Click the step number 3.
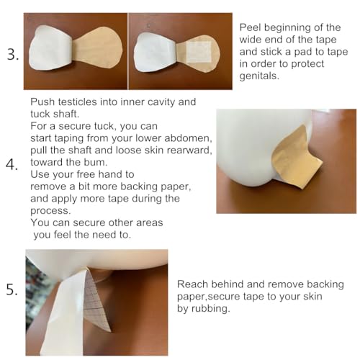[12, 54]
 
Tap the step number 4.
[12, 165]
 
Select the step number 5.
[12, 291]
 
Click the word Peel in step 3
[252, 27]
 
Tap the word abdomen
[187, 138]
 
